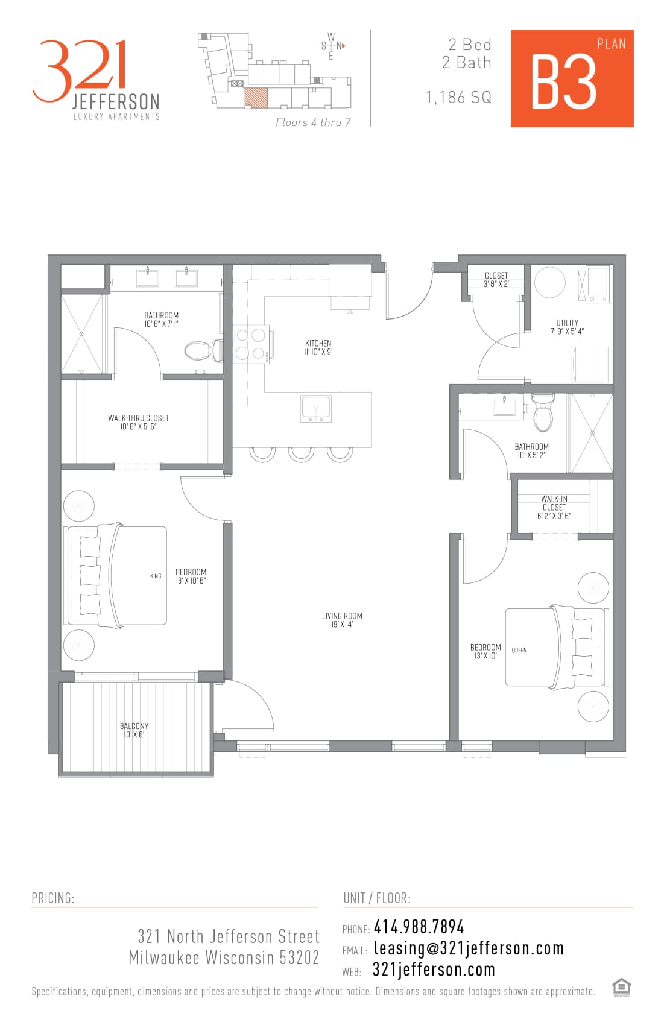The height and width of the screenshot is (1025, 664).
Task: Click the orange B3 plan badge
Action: click(x=572, y=78)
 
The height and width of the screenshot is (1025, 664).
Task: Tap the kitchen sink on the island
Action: click(x=316, y=409)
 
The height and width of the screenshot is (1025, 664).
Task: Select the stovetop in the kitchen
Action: click(x=251, y=344)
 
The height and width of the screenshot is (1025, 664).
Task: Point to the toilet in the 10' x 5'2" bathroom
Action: click(x=543, y=412)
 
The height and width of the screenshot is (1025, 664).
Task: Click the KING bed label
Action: click(x=156, y=576)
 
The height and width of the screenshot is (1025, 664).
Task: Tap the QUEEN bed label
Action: click(x=519, y=650)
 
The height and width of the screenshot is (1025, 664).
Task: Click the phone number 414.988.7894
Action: click(x=419, y=927)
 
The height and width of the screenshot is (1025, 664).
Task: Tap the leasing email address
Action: click(x=469, y=948)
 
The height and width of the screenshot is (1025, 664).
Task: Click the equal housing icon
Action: click(x=621, y=988)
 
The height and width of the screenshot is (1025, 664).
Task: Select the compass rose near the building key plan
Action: click(x=332, y=46)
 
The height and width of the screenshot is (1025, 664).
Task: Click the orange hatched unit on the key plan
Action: click(x=256, y=98)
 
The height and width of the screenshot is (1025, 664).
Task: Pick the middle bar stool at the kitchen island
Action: click(x=301, y=455)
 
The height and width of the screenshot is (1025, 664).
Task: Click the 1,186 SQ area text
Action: click(x=458, y=98)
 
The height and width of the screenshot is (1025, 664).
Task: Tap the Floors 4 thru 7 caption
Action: click(x=313, y=122)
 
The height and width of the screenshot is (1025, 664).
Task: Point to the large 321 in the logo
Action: click(x=80, y=71)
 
